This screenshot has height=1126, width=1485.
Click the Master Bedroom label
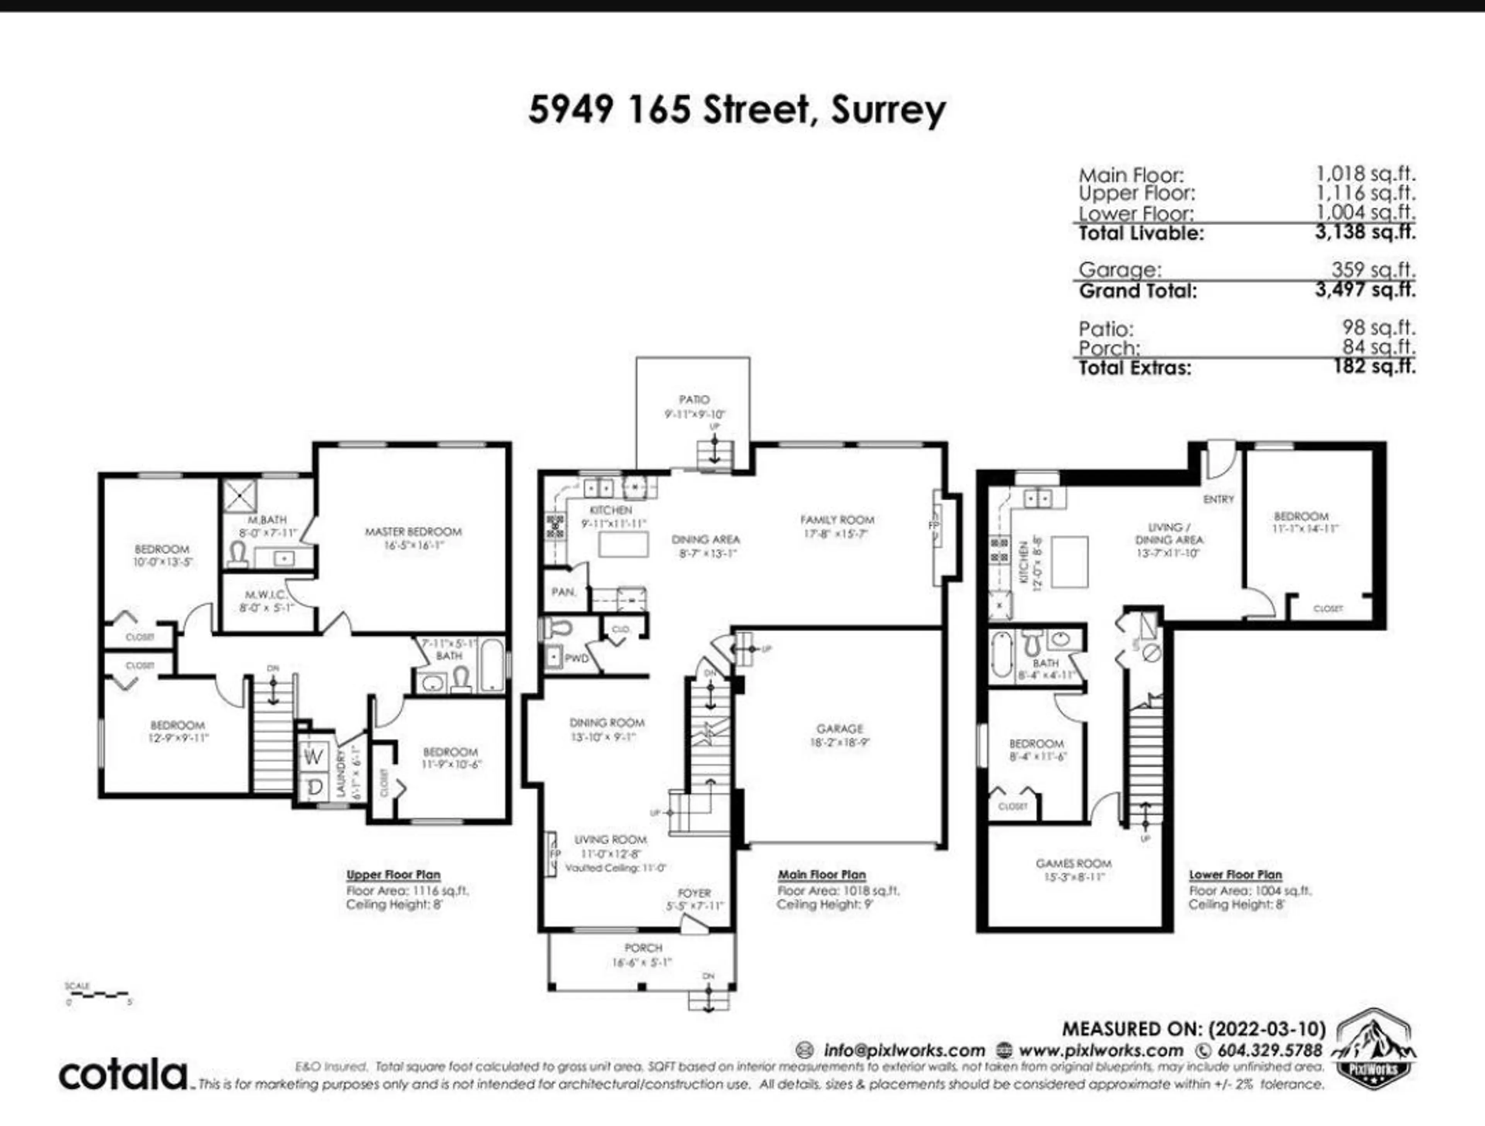point(413,532)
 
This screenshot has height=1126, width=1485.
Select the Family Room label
point(837,520)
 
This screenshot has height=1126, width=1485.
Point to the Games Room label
point(1074,863)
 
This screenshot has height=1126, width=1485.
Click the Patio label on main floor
point(694,400)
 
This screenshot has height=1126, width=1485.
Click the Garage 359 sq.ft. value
point(1374,270)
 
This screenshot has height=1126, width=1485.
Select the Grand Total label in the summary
point(1138,291)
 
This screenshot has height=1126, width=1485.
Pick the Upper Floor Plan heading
point(393,875)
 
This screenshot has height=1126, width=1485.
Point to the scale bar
point(97,993)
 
